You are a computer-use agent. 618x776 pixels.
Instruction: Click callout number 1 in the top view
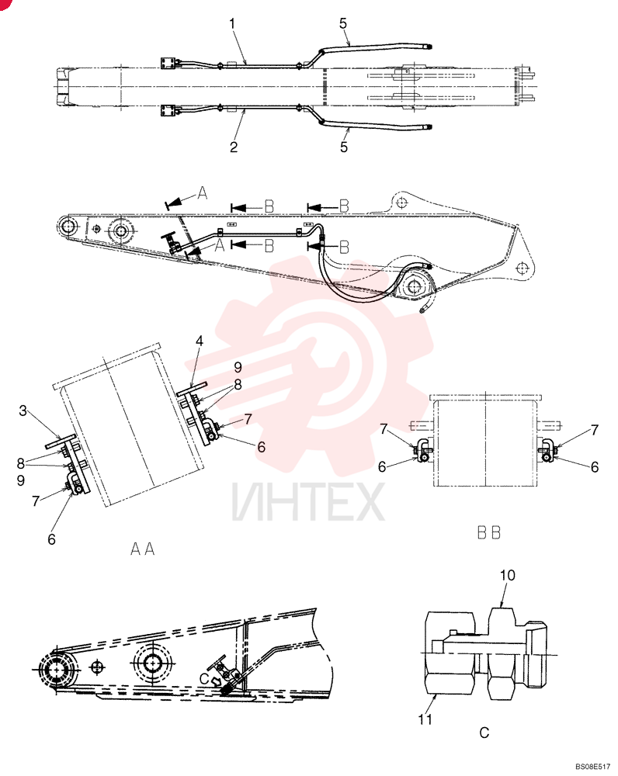pos(232,23)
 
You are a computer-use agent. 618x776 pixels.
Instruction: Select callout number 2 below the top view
pos(234,147)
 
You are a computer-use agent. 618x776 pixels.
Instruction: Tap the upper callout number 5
pos(343,23)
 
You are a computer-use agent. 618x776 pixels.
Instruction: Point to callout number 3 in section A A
pos(23,411)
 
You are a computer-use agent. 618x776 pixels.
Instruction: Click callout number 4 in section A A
pos(199,341)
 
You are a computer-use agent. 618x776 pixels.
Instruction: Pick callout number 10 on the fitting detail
pos(508,575)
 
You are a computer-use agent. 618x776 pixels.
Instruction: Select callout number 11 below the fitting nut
pos(425,719)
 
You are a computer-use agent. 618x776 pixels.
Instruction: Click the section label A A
pos(143,549)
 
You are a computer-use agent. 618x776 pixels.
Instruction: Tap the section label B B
pos(489,532)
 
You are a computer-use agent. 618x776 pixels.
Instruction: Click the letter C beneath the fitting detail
pos(484,733)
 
